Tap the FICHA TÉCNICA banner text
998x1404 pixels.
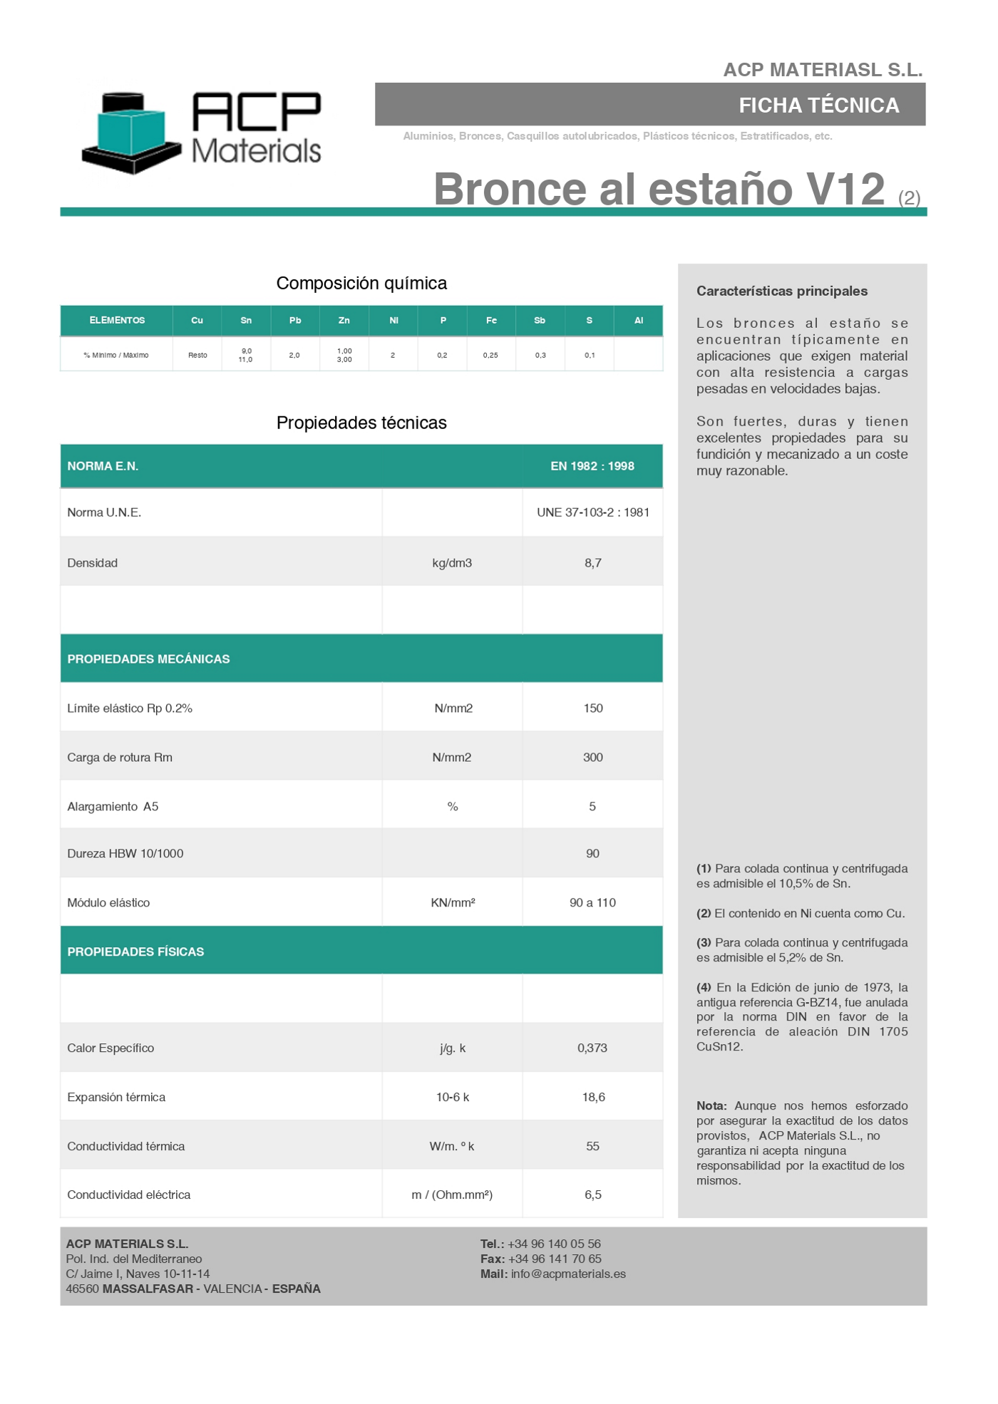818,105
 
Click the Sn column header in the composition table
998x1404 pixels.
246,321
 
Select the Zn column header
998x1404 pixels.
344,321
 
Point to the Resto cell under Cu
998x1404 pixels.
197,355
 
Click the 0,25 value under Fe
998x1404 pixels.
490,355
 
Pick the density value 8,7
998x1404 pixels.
592,563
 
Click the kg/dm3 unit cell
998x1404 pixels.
452,563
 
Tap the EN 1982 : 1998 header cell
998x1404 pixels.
592,466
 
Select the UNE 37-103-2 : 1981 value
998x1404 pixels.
592,512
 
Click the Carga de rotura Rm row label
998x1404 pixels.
120,758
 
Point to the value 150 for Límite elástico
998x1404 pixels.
592,708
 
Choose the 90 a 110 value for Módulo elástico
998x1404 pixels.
592,903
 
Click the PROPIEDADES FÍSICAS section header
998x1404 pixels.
135,952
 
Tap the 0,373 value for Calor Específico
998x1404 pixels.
592,1048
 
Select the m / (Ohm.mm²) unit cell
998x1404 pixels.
452,1195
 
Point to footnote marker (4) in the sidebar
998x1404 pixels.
704,988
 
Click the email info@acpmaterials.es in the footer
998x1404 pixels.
568,1274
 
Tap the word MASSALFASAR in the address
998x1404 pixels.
148,1289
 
